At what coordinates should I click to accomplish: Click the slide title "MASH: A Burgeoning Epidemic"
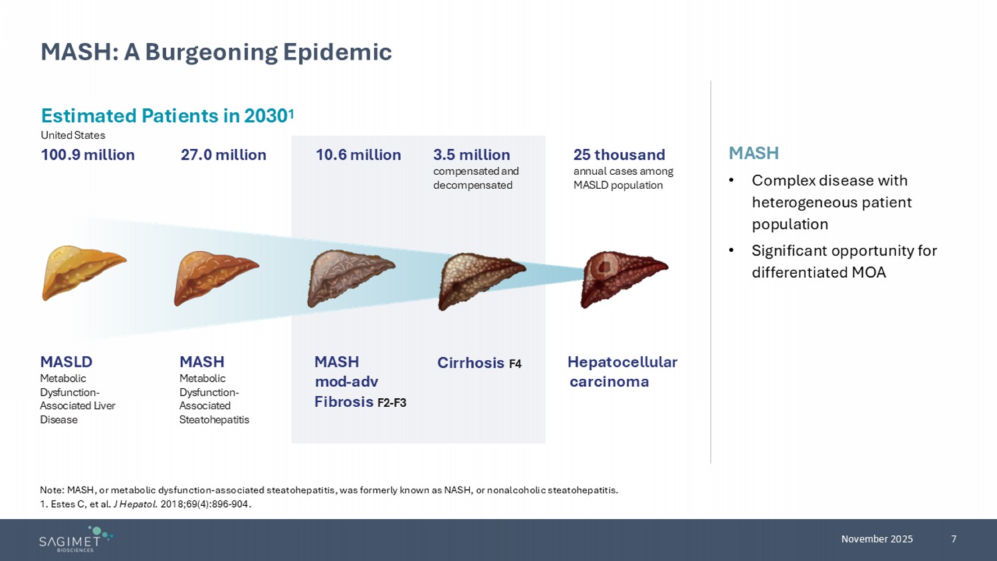pos(216,52)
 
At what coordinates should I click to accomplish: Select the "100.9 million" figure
pos(88,155)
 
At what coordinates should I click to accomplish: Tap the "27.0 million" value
pos(223,155)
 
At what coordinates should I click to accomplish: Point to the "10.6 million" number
pos(358,155)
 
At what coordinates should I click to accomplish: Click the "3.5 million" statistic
pos(472,155)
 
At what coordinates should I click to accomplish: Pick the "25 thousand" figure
pos(619,155)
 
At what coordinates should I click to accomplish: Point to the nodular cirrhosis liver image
pos(480,280)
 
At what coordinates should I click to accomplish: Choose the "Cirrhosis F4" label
pos(479,363)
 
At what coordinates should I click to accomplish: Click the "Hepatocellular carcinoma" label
pos(622,372)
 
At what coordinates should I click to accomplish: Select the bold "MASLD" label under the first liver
pos(66,362)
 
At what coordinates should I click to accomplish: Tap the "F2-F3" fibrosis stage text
pos(391,403)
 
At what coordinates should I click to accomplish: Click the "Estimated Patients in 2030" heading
pos(167,116)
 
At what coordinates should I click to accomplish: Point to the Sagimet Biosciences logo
pos(75,539)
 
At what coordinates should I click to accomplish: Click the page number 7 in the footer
pos(954,539)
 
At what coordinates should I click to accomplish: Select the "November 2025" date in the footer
pos(877,539)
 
